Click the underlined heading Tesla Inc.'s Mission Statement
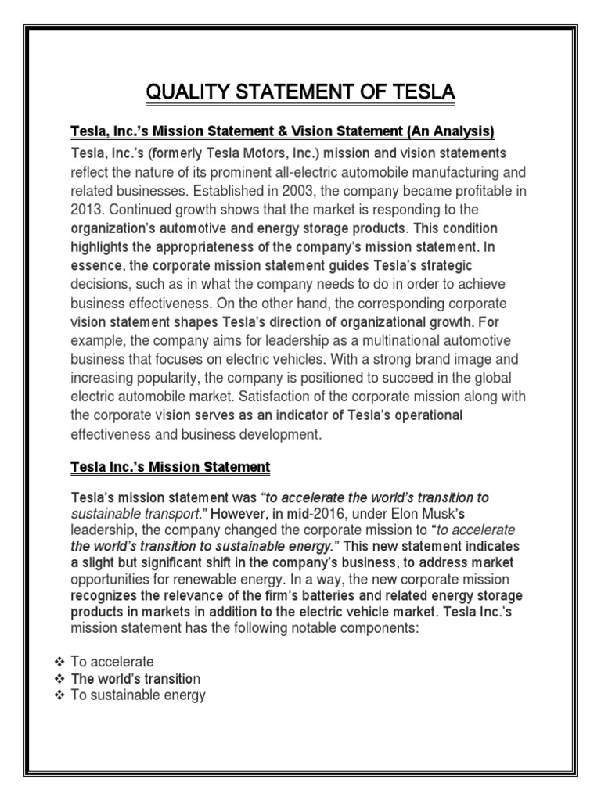click(x=171, y=467)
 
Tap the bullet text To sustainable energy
click(x=139, y=694)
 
